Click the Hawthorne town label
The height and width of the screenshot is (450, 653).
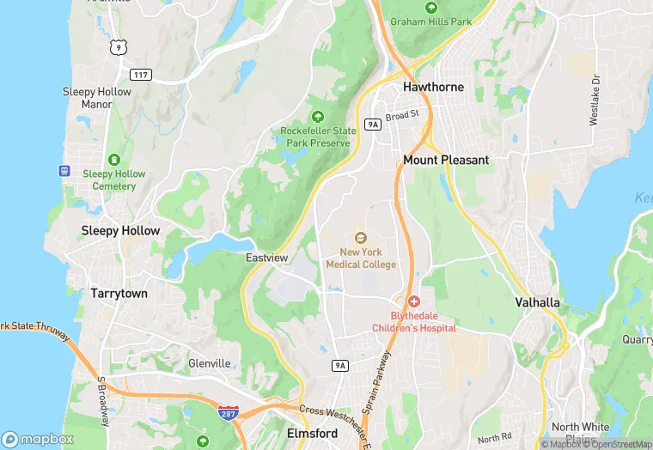click(x=434, y=87)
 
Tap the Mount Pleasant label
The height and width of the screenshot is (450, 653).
click(x=446, y=160)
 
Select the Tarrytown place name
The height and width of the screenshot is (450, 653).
click(x=119, y=293)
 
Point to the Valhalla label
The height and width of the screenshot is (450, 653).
click(x=538, y=302)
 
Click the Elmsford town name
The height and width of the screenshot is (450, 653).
click(x=312, y=434)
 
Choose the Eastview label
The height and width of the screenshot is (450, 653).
click(x=266, y=258)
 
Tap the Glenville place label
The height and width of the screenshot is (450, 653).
click(x=210, y=363)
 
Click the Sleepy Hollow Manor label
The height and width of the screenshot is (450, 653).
click(x=97, y=98)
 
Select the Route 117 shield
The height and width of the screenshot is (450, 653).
click(x=142, y=76)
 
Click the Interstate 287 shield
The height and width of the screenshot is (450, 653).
click(x=229, y=413)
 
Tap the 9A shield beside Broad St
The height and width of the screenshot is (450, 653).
click(x=372, y=125)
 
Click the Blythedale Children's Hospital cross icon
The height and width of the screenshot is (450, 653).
click(x=414, y=301)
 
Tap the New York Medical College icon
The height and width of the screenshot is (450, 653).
click(x=361, y=237)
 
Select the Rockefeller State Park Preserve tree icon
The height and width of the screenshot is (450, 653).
click(x=317, y=116)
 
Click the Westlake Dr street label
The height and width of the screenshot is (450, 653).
click(x=594, y=100)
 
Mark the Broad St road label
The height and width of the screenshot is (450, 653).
click(x=401, y=114)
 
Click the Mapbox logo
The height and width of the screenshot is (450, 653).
click(x=37, y=439)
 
